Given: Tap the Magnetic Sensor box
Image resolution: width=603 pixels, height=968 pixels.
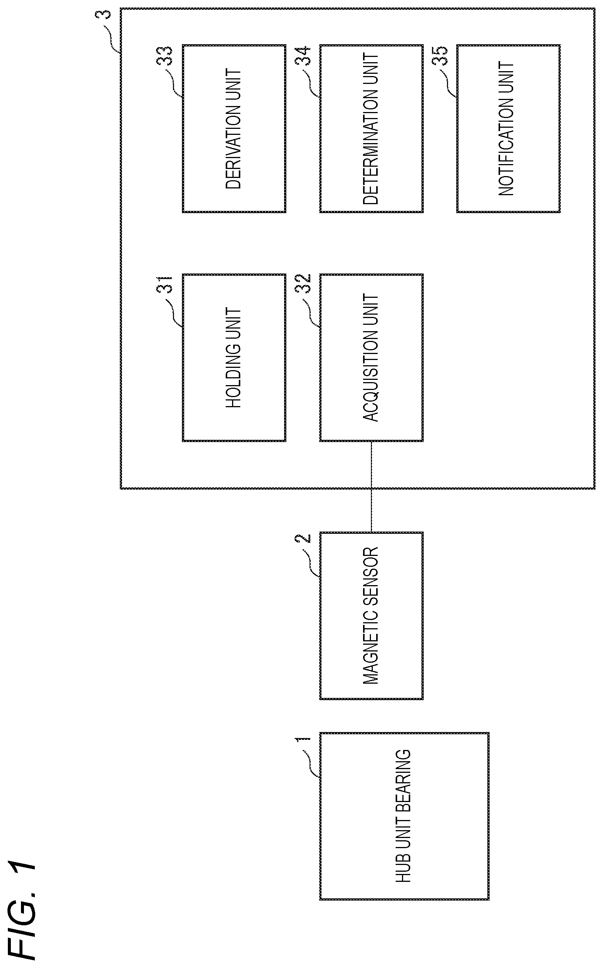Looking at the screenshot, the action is pos(371,615).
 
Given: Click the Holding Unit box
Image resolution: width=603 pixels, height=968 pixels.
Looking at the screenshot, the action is pos(234,357).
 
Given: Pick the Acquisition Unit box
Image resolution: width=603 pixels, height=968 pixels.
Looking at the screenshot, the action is pos(371,357).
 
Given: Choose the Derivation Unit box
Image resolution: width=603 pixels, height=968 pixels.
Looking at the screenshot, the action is pos(234,128).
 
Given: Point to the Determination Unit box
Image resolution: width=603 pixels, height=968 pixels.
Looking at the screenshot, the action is pos(371,128).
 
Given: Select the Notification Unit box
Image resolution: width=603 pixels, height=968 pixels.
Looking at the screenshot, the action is pos(508,128).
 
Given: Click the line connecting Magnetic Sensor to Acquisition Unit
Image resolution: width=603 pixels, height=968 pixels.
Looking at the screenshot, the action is pos(371,487).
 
